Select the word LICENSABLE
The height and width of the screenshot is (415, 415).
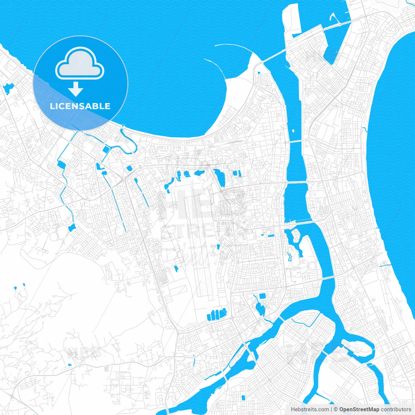(80, 106)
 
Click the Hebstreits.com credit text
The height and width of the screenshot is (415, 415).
(310, 409)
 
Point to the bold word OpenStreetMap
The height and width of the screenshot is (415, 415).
(359, 409)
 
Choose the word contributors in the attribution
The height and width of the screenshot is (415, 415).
(396, 409)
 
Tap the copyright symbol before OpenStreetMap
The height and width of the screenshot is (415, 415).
(336, 409)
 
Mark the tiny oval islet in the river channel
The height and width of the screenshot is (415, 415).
(293, 131)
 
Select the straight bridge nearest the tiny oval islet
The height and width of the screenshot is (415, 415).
(295, 141)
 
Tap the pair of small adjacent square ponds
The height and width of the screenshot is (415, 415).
(237, 173)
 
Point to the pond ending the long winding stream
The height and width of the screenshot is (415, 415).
(72, 228)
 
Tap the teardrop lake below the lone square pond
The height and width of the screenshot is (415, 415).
(260, 309)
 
